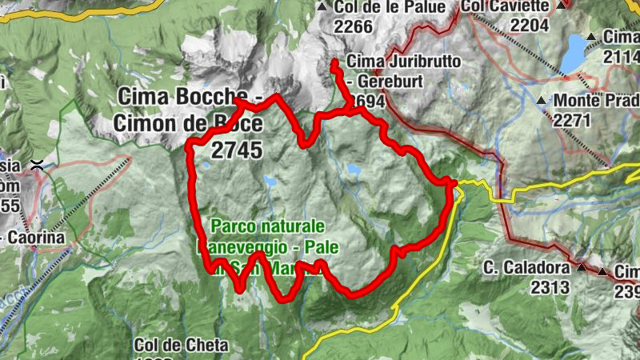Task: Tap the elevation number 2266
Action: click(354, 27)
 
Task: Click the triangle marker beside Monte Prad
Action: click(542, 101)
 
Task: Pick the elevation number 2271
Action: click(572, 120)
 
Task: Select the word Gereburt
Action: click(397, 82)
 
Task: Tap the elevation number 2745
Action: click(238, 149)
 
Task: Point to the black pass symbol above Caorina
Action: click(36, 165)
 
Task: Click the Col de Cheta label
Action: click(181, 346)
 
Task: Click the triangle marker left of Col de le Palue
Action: click(322, 7)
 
